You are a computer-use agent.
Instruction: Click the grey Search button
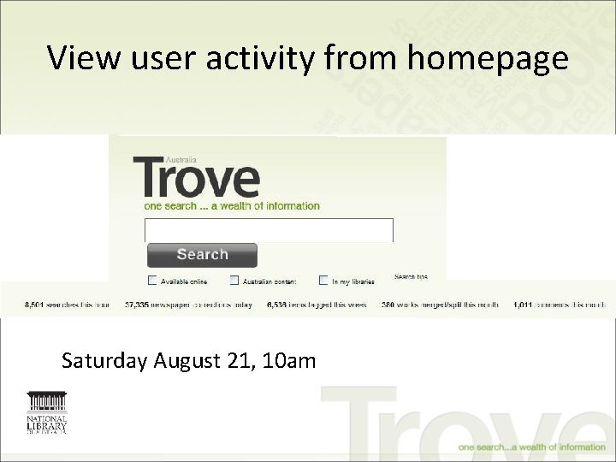click(202, 255)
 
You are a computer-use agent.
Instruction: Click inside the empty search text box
click(269, 230)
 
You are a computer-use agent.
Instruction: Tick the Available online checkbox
click(152, 280)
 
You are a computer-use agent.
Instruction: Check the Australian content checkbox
click(234, 280)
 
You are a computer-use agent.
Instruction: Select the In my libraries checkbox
click(323, 280)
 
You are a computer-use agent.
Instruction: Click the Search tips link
click(411, 276)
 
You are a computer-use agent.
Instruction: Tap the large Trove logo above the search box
click(196, 177)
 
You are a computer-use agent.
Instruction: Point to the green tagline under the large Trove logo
click(231, 206)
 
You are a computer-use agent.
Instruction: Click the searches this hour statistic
click(56, 305)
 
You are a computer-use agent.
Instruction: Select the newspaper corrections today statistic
click(188, 305)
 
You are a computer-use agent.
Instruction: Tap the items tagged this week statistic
click(317, 305)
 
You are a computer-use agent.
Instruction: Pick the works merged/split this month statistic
click(439, 305)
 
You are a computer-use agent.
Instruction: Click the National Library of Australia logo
click(47, 413)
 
